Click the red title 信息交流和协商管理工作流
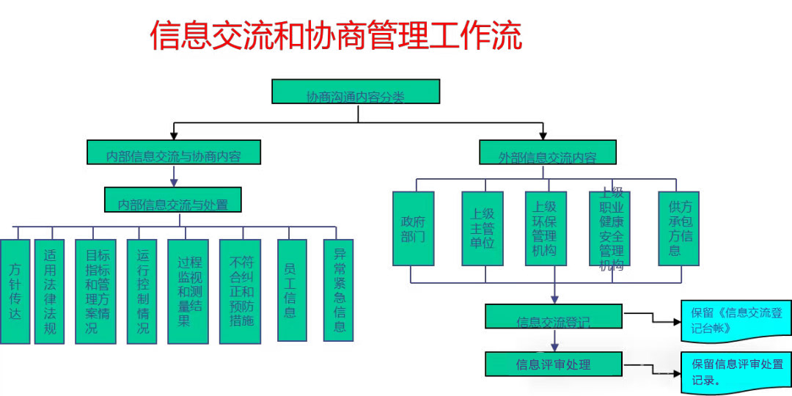(x=336, y=35)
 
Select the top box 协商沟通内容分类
(x=356, y=92)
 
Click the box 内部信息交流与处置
(x=173, y=200)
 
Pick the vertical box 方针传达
(x=15, y=291)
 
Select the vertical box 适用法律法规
(x=49, y=291)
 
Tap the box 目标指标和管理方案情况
(x=95, y=291)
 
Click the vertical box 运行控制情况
(x=142, y=291)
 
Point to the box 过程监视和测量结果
(x=188, y=291)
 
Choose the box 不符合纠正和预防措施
(x=240, y=291)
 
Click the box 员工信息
(x=290, y=290)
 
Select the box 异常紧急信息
(x=338, y=290)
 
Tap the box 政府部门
(x=413, y=228)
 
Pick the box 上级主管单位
(x=482, y=228)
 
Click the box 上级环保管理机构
(x=546, y=228)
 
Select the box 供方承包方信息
(x=674, y=228)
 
